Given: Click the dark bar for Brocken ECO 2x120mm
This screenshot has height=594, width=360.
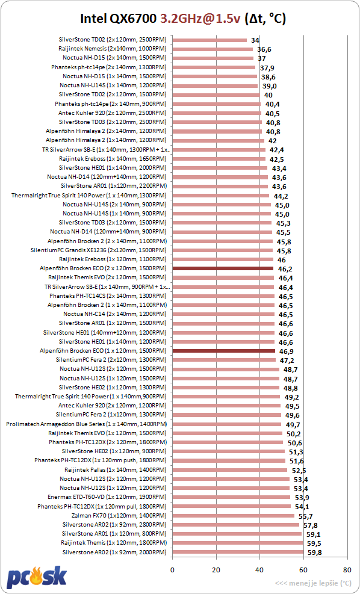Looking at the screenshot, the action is (223, 268).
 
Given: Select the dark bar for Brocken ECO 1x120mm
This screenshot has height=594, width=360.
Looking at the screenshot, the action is (223, 351).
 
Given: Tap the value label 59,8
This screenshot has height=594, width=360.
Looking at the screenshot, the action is (314, 552).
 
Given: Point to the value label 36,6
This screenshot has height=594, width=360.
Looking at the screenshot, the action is (264, 49).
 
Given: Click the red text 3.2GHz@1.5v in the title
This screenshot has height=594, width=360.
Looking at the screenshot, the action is (200, 18).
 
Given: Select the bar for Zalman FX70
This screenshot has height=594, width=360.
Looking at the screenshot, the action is (234, 516).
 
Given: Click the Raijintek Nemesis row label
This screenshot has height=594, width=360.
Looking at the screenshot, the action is (113, 49).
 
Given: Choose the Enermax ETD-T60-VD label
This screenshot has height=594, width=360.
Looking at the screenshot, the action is (107, 497).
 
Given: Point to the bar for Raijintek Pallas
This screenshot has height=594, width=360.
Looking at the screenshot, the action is (229, 470).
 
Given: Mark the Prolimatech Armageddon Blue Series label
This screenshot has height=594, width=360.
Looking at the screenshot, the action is (87, 424).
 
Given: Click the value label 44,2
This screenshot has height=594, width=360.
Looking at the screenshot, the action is (280, 196).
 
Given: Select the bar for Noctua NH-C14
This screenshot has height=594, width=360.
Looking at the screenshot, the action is (223, 314).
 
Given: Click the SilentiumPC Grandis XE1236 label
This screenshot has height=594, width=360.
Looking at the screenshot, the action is (99, 250).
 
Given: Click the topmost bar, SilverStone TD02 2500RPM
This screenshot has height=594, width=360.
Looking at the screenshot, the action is (209, 40).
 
